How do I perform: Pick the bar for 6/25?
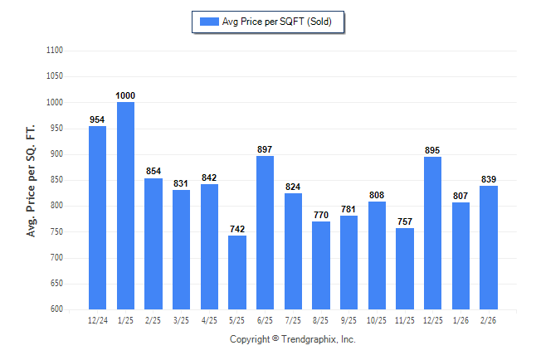coord(265,232)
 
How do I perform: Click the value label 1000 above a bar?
coord(125,96)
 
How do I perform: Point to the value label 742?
coord(237,229)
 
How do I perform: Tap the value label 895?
coord(432,150)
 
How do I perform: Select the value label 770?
coord(321,215)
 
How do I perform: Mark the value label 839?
coord(489,179)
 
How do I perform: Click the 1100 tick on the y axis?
coord(55,51)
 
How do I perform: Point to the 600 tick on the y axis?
coord(56,309)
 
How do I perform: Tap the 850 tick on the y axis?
coord(56,180)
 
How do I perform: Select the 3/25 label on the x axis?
coord(181,319)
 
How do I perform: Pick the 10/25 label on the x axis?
coord(377,319)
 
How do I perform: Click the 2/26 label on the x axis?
coord(489,319)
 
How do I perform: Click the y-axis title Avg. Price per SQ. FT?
coord(32,180)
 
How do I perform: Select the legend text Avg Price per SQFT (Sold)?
coord(276,22)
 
